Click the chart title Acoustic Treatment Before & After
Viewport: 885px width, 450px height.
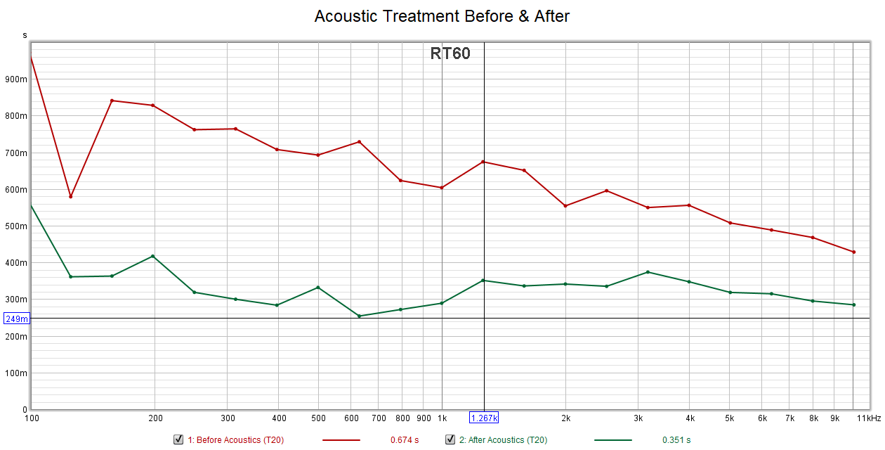[442, 15]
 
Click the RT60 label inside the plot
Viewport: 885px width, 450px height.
[450, 53]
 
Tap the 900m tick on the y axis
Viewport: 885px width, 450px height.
[15, 79]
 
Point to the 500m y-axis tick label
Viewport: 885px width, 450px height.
[15, 226]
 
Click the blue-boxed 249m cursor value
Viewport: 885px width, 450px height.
[16, 319]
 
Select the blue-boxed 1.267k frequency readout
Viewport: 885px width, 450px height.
[484, 418]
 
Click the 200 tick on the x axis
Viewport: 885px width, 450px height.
[155, 418]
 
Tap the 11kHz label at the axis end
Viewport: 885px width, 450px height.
[868, 418]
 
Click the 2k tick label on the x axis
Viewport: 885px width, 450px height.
[565, 418]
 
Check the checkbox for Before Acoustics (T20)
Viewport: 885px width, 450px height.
[178, 440]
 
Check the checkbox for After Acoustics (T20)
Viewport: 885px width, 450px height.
[450, 440]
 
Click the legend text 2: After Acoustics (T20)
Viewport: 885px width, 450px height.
[503, 440]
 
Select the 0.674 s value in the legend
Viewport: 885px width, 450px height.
[405, 440]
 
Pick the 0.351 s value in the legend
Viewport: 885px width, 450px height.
[676, 440]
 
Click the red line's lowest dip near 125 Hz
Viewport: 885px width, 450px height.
[71, 196]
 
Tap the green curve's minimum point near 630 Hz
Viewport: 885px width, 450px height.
[359, 316]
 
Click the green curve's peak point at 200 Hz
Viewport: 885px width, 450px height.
[152, 256]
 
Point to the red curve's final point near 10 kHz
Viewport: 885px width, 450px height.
[853, 252]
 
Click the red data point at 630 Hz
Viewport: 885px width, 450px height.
[359, 142]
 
